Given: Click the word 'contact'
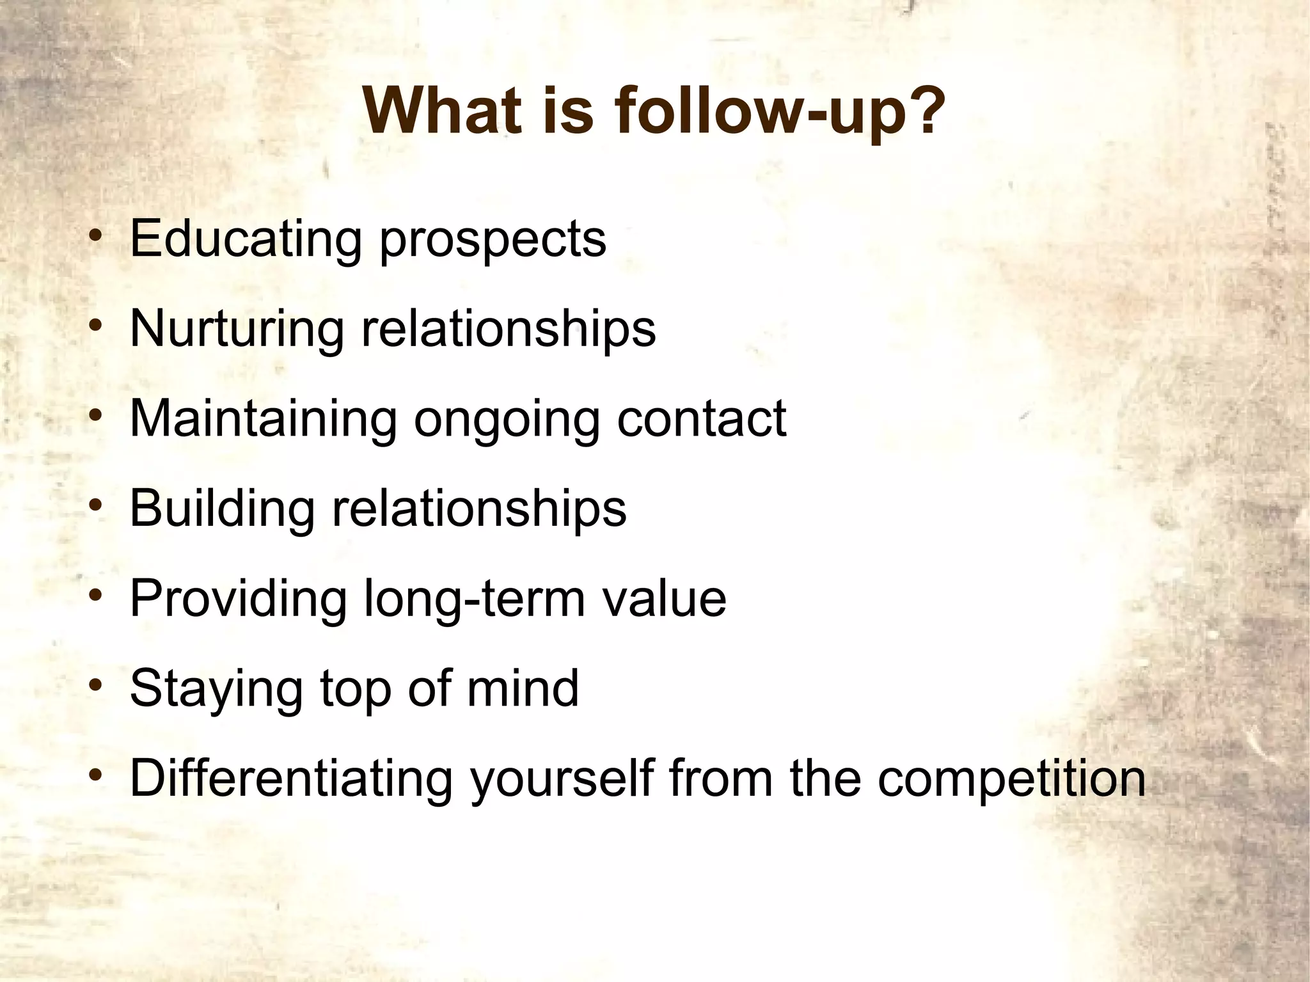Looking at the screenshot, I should pyautogui.click(x=701, y=419).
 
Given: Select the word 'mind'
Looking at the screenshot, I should pyautogui.click(x=522, y=688).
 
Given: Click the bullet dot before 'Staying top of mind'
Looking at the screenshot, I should pyautogui.click(x=95, y=686).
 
